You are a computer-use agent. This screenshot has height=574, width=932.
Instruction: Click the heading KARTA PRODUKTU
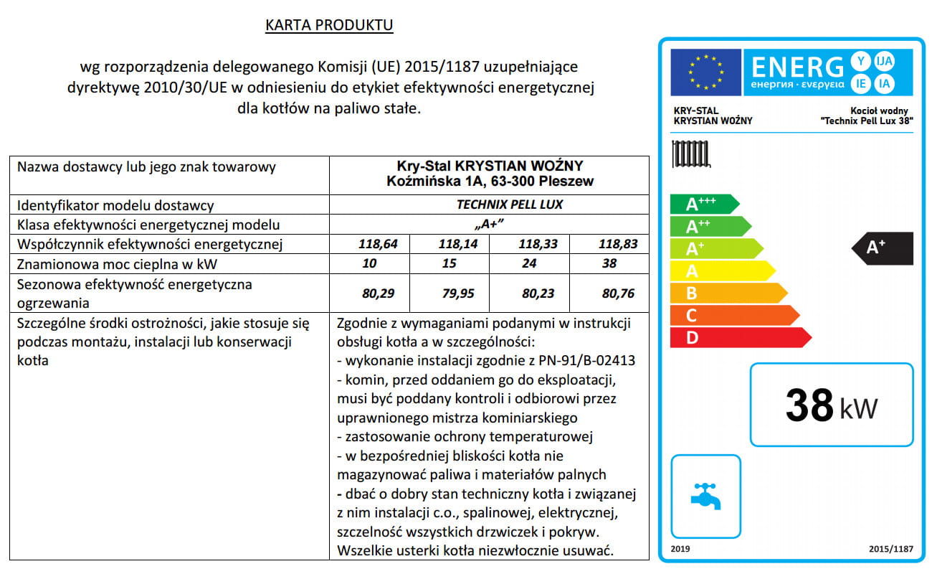tap(329, 26)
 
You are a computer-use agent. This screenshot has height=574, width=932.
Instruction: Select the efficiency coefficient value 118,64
tap(377, 244)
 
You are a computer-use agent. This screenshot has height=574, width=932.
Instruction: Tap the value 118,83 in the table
tap(618, 244)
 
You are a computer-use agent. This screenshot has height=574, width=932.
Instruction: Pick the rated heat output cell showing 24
tap(529, 263)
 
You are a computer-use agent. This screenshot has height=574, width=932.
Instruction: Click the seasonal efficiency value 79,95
tap(457, 293)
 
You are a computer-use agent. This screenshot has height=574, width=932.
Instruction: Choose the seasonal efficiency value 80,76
tap(618, 293)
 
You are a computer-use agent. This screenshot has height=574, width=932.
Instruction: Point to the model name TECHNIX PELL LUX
tap(510, 204)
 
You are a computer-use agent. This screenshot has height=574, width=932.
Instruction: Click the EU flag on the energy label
tap(705, 72)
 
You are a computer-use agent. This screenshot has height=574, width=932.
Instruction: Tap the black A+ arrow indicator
tap(883, 248)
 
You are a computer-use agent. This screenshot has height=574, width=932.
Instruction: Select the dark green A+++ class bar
tap(703, 204)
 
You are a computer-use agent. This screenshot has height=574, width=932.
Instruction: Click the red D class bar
tap(738, 337)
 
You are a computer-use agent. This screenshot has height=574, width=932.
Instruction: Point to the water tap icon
tap(705, 495)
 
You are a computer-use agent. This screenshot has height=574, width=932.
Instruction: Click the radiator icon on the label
tap(690, 154)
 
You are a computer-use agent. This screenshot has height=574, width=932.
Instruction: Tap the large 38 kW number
tap(831, 405)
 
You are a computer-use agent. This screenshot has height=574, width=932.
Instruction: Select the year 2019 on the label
tap(680, 549)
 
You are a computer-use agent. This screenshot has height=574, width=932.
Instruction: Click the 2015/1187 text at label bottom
tap(891, 549)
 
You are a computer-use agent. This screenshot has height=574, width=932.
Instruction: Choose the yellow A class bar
tap(721, 270)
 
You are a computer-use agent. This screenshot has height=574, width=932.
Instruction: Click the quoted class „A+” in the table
tap(490, 224)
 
